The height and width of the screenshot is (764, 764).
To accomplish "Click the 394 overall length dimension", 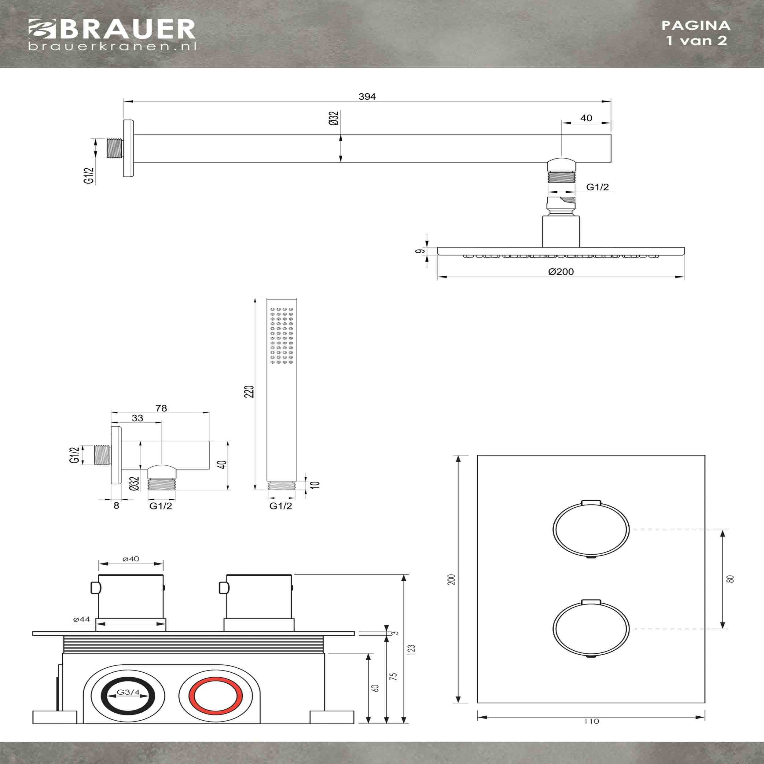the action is (367, 97).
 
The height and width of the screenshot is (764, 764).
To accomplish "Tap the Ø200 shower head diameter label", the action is (561, 272).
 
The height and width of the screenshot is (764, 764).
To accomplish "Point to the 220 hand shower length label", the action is (249, 391).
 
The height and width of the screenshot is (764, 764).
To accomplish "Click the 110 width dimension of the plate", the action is (591, 721).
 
